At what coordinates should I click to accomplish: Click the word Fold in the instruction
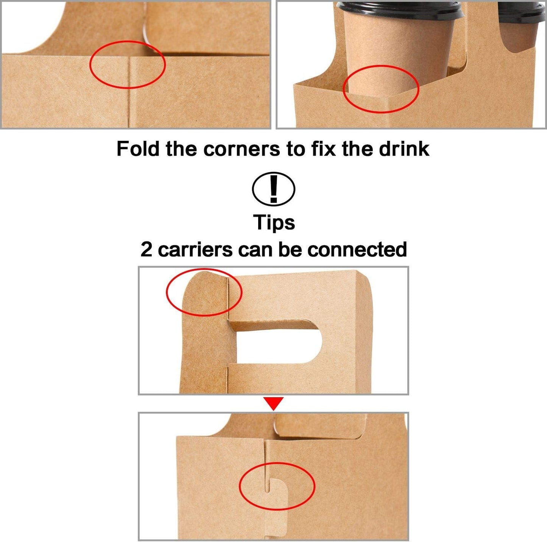click(138, 149)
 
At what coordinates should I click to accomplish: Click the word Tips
click(274, 222)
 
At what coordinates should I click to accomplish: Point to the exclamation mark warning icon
click(273, 189)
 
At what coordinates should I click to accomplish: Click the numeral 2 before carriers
click(146, 250)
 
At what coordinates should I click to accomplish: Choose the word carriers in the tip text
click(195, 250)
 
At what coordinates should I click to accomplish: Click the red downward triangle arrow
click(274, 403)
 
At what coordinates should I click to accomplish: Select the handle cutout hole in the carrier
click(280, 344)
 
